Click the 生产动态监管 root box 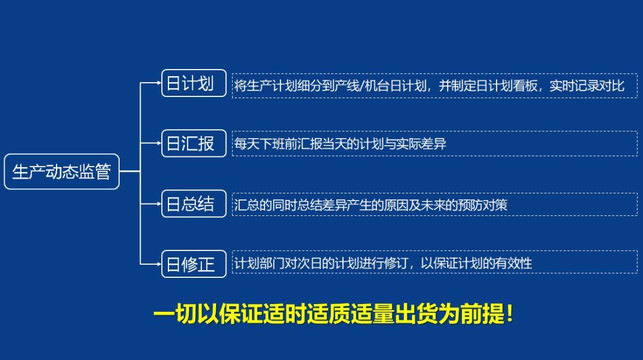tap(61, 172)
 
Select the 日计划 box tap(193, 83)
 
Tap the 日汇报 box tap(193, 143)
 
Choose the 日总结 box tap(193, 204)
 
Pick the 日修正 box tap(193, 264)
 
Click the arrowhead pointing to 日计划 tap(158, 83)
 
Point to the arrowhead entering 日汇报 tap(158, 143)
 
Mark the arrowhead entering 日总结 tap(158, 204)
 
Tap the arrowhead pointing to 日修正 tap(158, 264)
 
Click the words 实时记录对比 tap(586, 86)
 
